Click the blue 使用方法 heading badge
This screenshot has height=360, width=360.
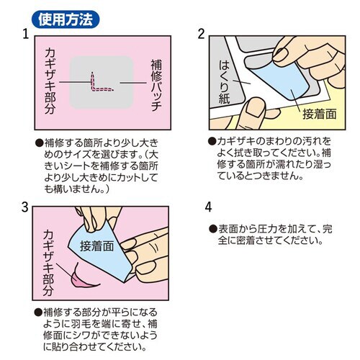(x=66, y=19)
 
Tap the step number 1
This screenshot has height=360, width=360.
(x=26, y=34)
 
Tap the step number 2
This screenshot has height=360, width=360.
(x=201, y=34)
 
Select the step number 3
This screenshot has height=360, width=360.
(x=25, y=207)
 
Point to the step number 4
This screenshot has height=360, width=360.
(x=208, y=207)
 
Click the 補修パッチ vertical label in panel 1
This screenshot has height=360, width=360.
(x=156, y=85)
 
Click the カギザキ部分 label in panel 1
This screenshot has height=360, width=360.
(x=50, y=81)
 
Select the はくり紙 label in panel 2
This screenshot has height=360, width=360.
(x=224, y=81)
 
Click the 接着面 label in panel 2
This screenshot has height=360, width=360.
(x=320, y=114)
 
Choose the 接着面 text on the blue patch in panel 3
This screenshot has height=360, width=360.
(x=96, y=246)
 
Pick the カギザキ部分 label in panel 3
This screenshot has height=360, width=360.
(x=48, y=263)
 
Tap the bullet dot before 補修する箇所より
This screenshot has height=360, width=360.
(x=39, y=143)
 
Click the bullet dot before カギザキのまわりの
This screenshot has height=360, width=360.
(x=212, y=141)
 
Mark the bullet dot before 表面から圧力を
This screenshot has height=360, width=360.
(x=213, y=229)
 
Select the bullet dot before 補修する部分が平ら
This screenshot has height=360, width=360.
(x=38, y=312)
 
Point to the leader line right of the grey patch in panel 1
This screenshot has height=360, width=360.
(x=133, y=83)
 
